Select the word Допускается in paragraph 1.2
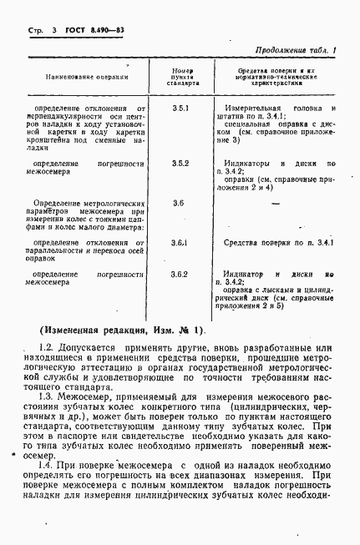click(x=90, y=346)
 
